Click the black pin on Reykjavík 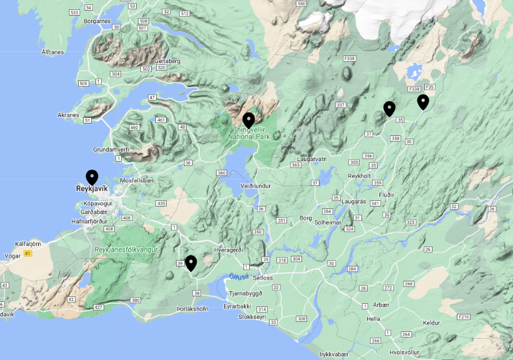point(92,178)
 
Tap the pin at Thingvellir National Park point(248,120)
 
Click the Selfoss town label point(263,277)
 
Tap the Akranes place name point(68,115)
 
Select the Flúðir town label point(386,195)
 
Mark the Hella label point(373,318)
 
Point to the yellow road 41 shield point(27,253)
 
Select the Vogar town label point(12,255)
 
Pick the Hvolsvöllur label point(406,351)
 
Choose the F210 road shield point(463,317)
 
